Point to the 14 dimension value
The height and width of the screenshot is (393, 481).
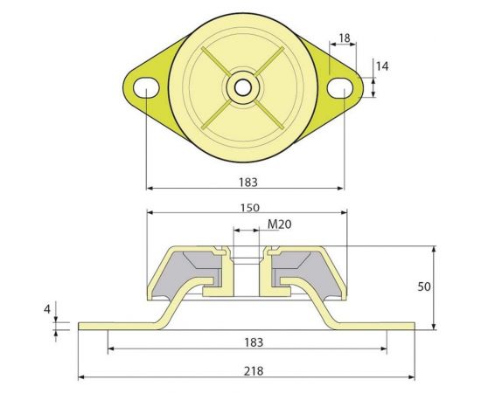tap(381, 65)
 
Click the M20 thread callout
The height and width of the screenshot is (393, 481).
tap(278, 224)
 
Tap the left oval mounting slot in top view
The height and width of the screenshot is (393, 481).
tap(146, 86)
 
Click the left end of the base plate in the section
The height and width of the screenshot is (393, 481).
tap(82, 326)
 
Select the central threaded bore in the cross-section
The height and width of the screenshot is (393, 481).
tap(247, 271)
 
